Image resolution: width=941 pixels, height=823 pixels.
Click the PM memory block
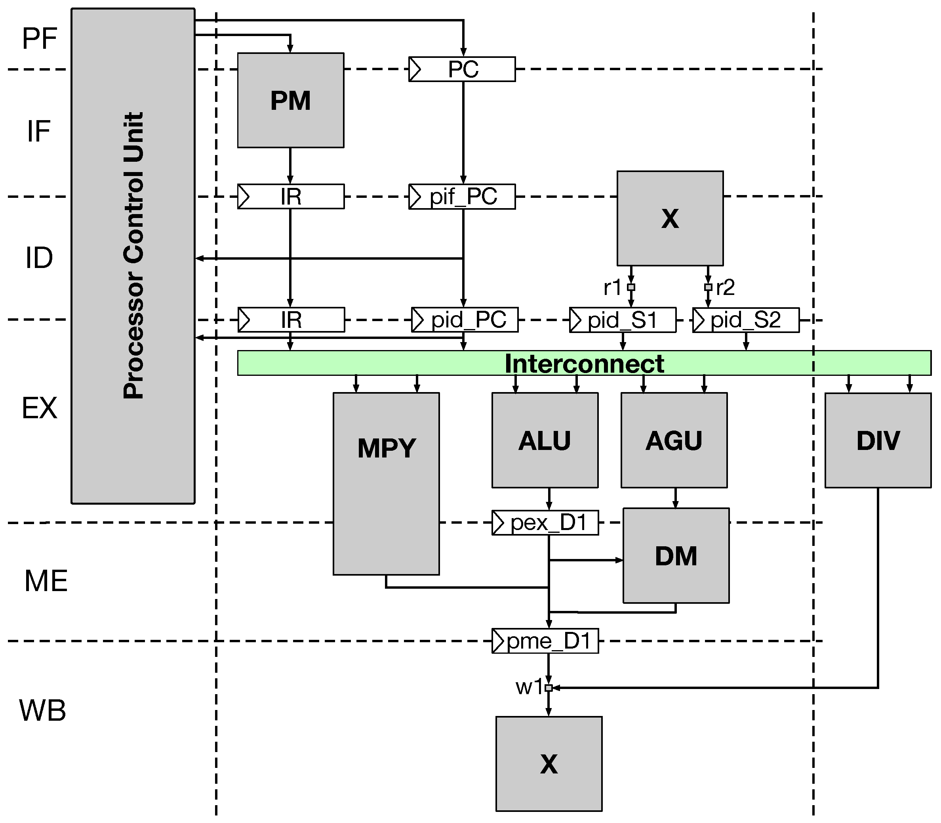pyautogui.click(x=290, y=100)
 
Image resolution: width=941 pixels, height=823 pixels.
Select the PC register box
pyautogui.click(x=462, y=69)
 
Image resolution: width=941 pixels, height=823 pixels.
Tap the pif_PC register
pyautogui.click(x=462, y=197)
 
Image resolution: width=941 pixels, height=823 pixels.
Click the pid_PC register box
pyautogui.click(x=465, y=320)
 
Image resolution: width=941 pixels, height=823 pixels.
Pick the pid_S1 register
pyautogui.click(x=623, y=320)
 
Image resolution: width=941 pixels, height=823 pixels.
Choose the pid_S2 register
pyautogui.click(x=745, y=320)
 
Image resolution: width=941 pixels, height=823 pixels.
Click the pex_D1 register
pyautogui.click(x=545, y=523)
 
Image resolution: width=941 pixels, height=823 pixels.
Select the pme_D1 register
pyautogui.click(x=545, y=641)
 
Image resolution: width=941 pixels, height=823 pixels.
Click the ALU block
pyautogui.click(x=545, y=440)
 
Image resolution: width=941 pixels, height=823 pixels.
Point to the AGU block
pyautogui.click(x=674, y=440)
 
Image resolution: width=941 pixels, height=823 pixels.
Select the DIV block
pyautogui.click(x=878, y=440)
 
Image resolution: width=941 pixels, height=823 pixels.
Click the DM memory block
pyautogui.click(x=676, y=556)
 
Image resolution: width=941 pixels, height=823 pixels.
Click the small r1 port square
pyautogui.click(x=631, y=287)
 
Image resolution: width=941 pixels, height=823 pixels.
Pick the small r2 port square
pyautogui.click(x=708, y=287)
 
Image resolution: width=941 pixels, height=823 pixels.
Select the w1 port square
pyautogui.click(x=548, y=688)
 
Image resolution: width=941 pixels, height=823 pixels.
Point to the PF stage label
pyautogui.click(x=40, y=38)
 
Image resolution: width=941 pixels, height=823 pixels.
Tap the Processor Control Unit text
pyautogui.click(x=133, y=255)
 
